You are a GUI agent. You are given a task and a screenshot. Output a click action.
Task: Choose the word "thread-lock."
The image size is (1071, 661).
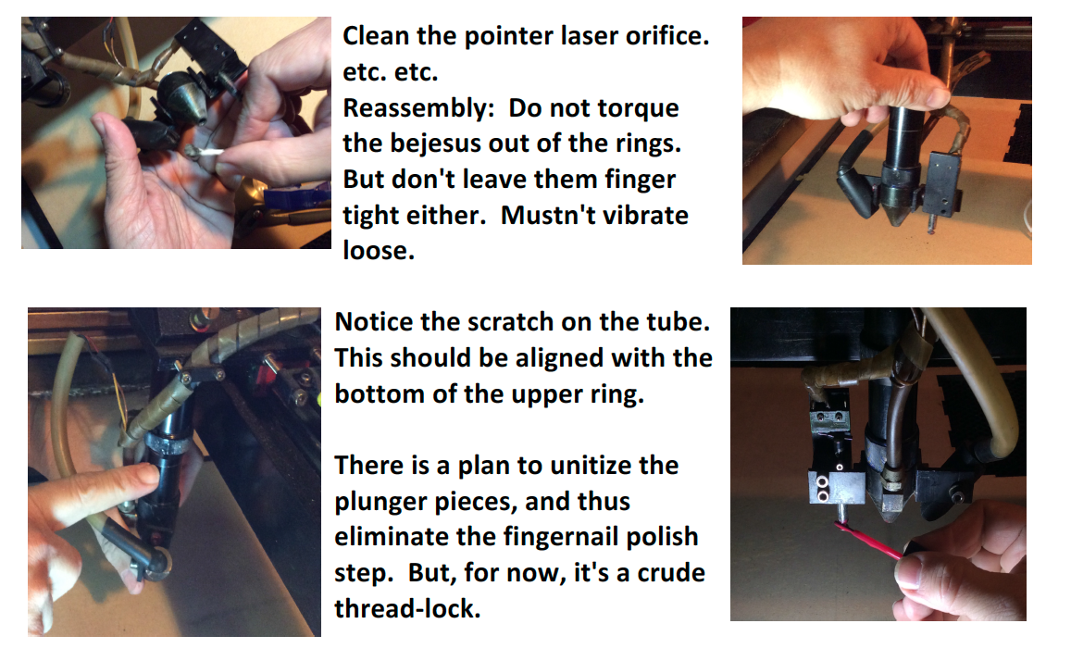coord(408,608)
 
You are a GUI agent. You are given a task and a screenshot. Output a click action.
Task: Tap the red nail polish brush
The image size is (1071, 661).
coord(869,541)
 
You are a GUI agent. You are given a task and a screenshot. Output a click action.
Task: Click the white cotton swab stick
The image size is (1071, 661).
coord(208,153)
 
